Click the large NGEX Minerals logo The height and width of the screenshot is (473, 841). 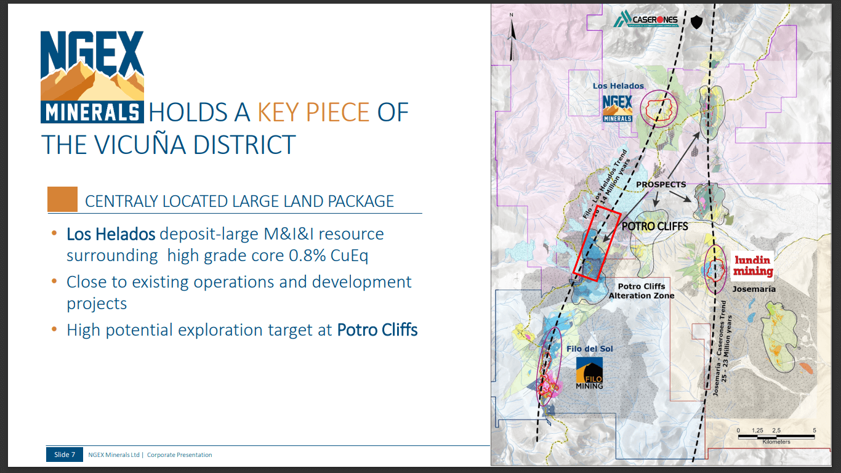click(92, 76)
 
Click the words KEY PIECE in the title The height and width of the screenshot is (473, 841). click(313, 113)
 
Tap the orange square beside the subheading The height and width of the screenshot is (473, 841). click(62, 200)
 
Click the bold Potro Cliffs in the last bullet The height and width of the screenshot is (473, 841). click(377, 330)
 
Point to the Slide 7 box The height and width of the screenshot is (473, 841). click(64, 455)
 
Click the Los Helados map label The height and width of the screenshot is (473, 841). click(618, 86)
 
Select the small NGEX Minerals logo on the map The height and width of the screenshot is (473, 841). click(618, 108)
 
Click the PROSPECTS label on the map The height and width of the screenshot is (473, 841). click(661, 184)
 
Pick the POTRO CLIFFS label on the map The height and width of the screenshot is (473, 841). click(654, 226)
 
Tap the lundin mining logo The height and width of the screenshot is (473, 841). click(753, 265)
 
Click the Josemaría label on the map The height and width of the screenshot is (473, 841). click(754, 289)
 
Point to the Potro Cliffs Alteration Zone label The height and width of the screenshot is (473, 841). click(642, 291)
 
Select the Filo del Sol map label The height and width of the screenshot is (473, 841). click(589, 349)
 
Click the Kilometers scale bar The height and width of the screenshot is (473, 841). click(776, 437)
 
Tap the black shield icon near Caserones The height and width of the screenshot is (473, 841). click(696, 23)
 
